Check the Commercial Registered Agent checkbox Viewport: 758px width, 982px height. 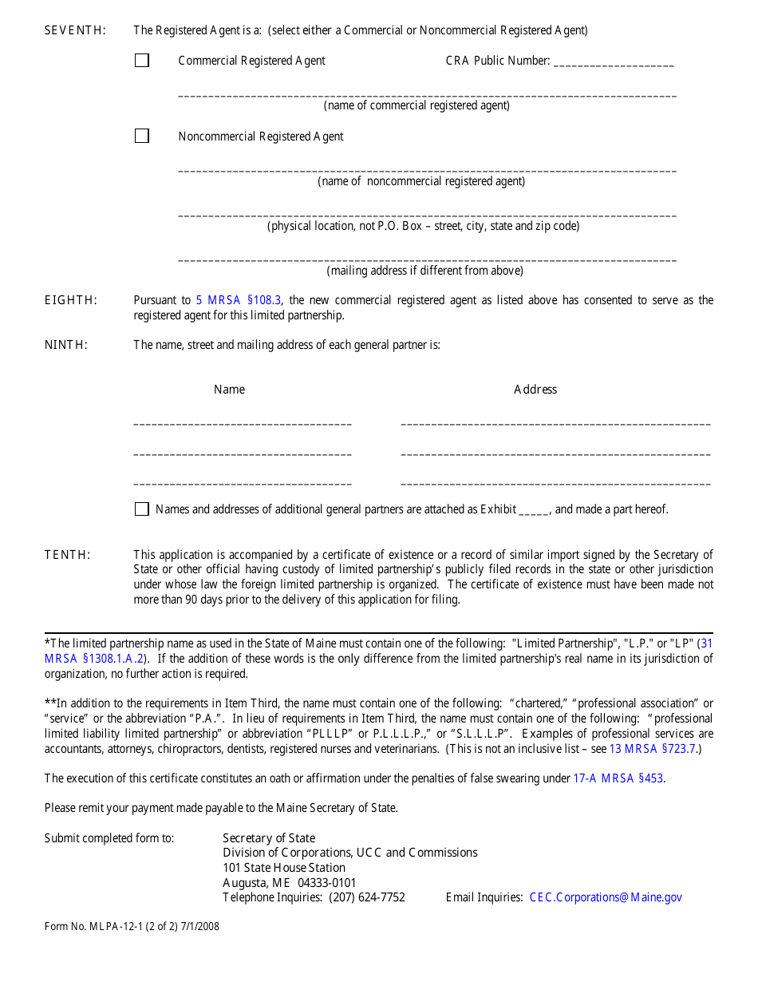coord(142,61)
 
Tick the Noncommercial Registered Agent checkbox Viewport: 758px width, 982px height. coord(142,137)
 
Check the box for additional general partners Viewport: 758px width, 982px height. coord(142,509)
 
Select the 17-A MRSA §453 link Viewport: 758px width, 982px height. coord(618,778)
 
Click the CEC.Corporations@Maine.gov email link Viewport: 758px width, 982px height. coord(606,897)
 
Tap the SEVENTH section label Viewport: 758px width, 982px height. coord(75,30)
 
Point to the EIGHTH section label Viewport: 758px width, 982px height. coord(71,300)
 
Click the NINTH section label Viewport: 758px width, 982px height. coord(66,345)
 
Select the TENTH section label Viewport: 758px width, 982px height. coord(68,555)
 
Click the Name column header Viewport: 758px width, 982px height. coord(229,390)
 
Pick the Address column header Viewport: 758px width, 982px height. coord(535,390)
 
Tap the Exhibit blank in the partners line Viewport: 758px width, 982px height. coord(534,510)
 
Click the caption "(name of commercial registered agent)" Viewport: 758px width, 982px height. coord(417,105)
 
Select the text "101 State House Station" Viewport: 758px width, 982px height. coord(284,868)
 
